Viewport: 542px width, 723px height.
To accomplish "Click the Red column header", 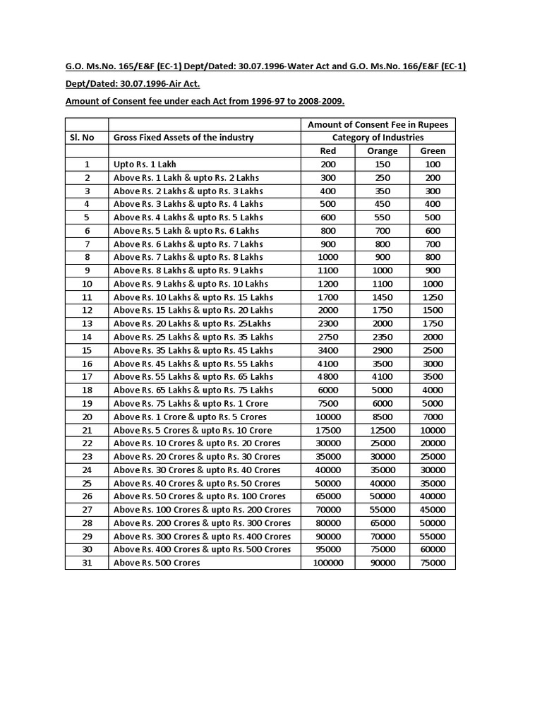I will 328,150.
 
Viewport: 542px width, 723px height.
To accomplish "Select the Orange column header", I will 383,150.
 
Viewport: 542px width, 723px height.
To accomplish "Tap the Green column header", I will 433,150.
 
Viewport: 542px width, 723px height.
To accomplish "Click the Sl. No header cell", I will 87,137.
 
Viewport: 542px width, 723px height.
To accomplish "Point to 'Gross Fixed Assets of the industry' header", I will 183,137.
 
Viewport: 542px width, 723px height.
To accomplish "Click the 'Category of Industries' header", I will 378,137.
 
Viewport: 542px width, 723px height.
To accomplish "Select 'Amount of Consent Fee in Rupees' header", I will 378,124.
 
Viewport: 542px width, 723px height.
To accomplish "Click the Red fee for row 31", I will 328,563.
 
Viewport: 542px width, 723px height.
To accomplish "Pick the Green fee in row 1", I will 433,164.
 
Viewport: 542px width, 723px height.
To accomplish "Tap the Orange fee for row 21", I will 383,430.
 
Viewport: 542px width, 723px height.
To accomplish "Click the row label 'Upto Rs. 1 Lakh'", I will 145,164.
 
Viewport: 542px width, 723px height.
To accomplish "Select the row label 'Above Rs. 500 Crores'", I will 157,563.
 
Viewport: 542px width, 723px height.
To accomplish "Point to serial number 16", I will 87,364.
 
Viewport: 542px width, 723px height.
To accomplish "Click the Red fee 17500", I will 328,430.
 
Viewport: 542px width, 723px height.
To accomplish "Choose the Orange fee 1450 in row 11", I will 383,297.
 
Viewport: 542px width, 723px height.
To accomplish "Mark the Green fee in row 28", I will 433,523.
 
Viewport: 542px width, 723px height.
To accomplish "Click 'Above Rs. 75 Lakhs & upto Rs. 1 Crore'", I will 191,403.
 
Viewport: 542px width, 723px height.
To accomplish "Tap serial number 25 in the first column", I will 87,483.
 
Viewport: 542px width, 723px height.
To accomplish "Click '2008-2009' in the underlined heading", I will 321,101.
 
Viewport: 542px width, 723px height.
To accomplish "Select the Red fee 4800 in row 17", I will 328,377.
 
